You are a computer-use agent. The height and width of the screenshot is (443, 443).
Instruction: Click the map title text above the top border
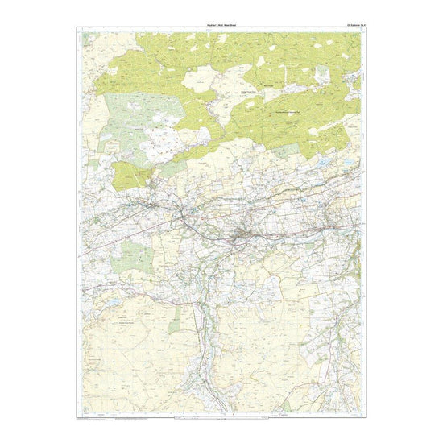pos(221,27)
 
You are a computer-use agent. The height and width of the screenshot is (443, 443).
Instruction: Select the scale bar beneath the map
pos(221,417)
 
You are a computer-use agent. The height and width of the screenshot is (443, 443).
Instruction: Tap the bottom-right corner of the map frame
pos(362,414)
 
